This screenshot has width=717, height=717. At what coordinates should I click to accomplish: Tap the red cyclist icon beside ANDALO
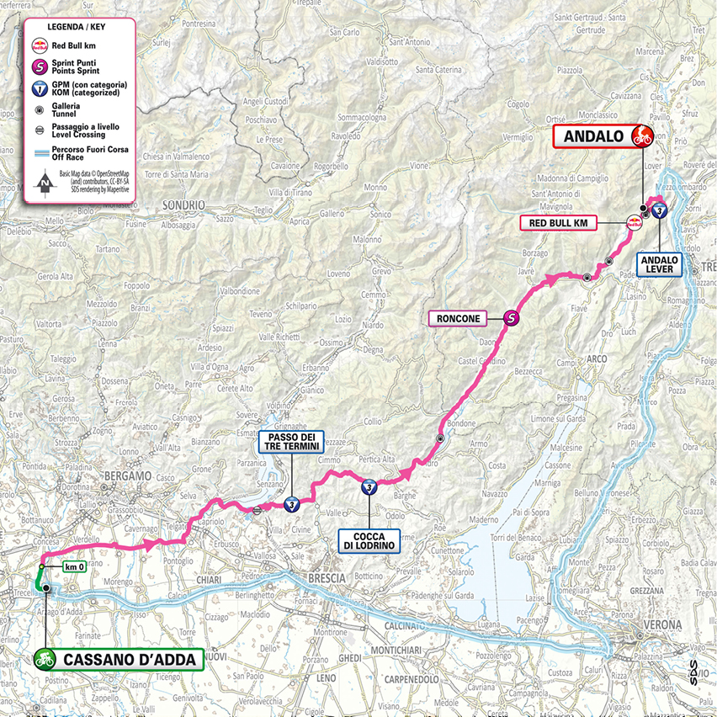[642, 135]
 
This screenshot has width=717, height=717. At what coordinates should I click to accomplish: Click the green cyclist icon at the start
[45, 660]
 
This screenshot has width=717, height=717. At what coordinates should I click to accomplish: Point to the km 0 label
[76, 567]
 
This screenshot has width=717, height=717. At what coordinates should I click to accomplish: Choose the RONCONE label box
[458, 318]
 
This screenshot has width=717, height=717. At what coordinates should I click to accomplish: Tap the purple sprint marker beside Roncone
[511, 318]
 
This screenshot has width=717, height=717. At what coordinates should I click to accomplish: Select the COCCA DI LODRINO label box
[369, 539]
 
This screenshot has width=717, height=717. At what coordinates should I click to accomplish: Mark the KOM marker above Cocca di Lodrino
[369, 486]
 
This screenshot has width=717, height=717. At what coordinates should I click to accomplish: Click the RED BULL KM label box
[558, 223]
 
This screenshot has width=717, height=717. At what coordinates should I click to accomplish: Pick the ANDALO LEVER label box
[659, 264]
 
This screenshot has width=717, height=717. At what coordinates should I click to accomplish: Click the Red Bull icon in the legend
[39, 46]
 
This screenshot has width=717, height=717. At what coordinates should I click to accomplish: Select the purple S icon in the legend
[39, 67]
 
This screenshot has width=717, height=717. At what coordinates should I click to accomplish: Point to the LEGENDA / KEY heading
[77, 25]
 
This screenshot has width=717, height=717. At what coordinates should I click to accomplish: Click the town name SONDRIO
[184, 204]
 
